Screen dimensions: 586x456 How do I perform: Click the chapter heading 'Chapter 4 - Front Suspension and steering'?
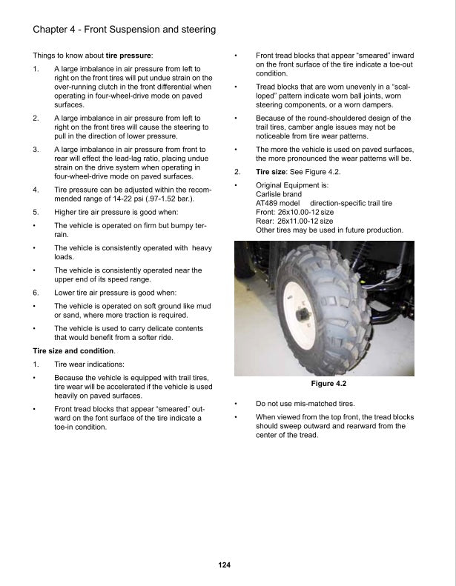click(x=125, y=30)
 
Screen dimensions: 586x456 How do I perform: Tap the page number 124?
click(x=225, y=565)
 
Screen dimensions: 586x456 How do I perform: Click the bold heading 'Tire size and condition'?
click(x=73, y=350)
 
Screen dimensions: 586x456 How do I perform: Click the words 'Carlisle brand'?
click(x=279, y=194)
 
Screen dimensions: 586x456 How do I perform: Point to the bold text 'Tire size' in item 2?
click(x=271, y=172)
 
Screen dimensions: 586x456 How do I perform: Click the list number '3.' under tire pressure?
click(x=36, y=150)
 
